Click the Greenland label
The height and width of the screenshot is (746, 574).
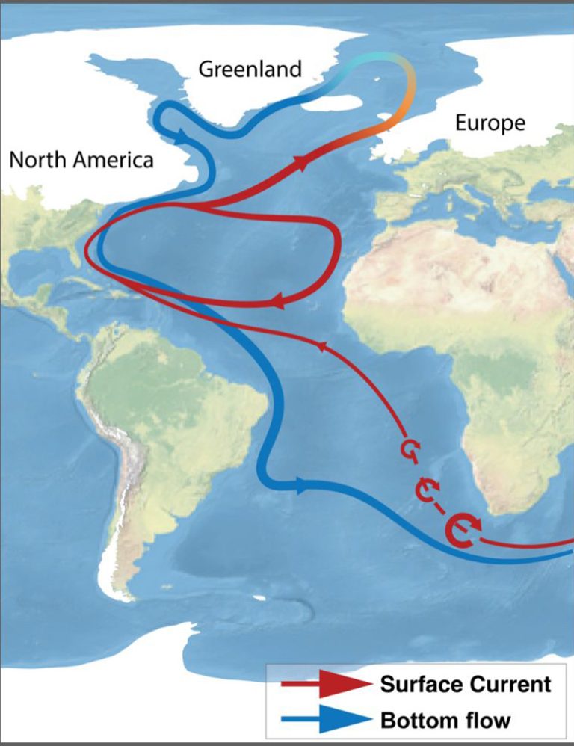point(250,70)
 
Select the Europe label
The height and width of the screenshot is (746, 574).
point(490,123)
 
